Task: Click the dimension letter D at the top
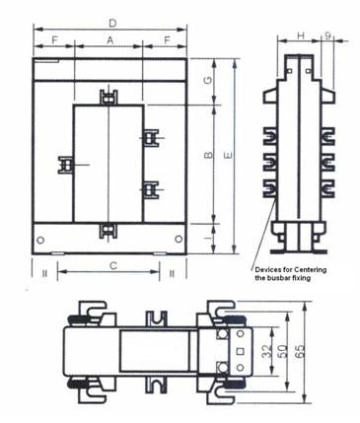click(x=110, y=22)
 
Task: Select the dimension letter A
click(x=109, y=40)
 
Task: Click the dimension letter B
click(x=207, y=155)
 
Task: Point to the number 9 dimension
click(x=327, y=36)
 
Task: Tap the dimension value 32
click(x=267, y=350)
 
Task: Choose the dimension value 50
click(x=287, y=350)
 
